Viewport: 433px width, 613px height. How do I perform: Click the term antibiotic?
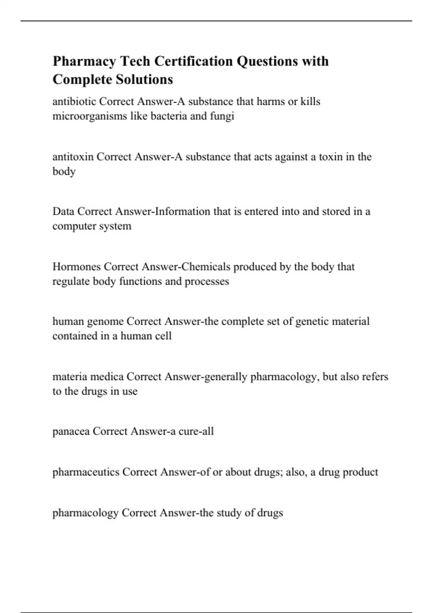pos(74,102)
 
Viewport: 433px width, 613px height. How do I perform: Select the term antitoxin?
pos(73,157)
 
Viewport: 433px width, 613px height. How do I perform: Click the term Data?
pos(63,211)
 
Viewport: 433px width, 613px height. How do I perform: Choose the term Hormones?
pos(76,267)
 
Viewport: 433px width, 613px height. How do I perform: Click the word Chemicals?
pos(206,267)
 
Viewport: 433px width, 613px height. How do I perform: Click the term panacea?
pos(71,432)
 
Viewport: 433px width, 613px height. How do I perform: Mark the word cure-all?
pos(196,432)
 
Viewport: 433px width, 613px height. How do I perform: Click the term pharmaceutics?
pos(86,472)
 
